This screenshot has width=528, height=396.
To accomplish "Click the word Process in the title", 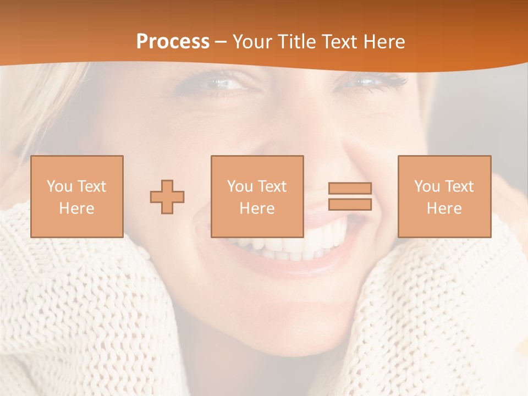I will (173, 42).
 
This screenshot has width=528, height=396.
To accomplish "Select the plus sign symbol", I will (167, 197).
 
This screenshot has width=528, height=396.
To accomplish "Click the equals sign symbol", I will (350, 196).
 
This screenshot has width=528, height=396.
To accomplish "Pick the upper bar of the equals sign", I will (350, 188).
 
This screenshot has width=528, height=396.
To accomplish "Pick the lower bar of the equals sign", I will (350, 205).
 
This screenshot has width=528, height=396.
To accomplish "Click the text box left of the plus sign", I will (77, 196).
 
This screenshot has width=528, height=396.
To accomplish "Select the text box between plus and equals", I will (257, 196).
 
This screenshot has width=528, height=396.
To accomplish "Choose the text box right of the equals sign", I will (444, 196).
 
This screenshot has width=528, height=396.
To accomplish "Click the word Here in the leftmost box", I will (76, 208).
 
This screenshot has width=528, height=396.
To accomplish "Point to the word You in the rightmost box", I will (427, 186).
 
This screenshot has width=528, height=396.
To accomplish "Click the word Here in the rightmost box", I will (444, 208).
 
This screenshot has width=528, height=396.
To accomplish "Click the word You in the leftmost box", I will (59, 186).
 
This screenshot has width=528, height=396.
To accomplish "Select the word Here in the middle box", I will (257, 208).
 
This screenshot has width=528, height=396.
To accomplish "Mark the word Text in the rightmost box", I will (458, 186).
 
